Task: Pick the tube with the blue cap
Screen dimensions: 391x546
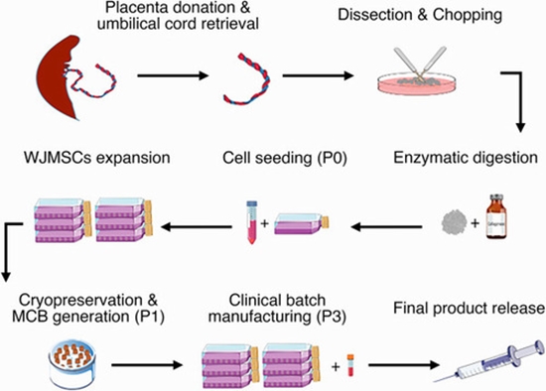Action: [x=252, y=220]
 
